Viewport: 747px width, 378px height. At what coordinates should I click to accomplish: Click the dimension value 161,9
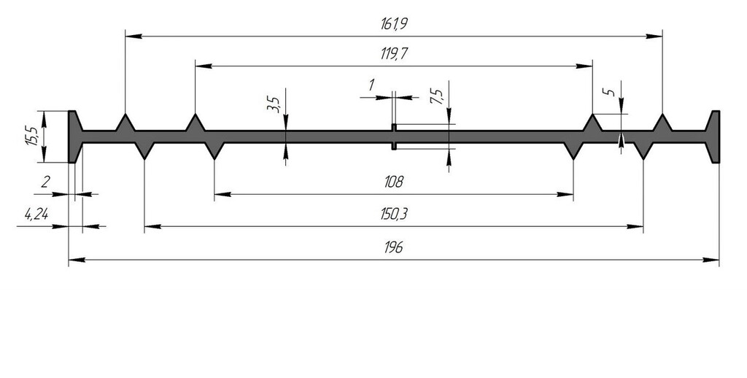[393, 24]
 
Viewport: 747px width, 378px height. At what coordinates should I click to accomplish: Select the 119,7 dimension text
[393, 55]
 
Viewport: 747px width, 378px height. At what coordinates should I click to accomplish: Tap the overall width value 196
[393, 247]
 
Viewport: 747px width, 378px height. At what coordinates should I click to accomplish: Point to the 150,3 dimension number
[393, 215]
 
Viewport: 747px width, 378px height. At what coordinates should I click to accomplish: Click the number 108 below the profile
[393, 182]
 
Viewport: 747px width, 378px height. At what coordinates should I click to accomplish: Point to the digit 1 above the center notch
[371, 85]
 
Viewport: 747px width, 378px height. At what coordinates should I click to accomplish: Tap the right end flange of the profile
[714, 136]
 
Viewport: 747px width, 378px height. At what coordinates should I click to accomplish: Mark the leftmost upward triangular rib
[125, 124]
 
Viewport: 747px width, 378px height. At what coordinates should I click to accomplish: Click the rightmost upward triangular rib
[662, 124]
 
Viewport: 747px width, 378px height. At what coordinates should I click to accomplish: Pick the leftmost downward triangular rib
[144, 149]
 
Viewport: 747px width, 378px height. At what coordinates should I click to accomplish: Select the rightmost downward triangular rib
[643, 149]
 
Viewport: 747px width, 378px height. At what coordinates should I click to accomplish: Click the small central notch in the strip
[394, 136]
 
